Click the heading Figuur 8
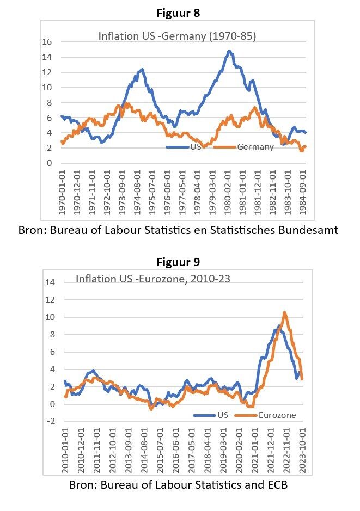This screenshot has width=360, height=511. tap(178, 12)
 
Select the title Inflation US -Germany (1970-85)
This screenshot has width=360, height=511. tap(177, 36)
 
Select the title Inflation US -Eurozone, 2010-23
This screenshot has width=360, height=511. tap(152, 279)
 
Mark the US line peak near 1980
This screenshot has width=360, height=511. tap(229, 52)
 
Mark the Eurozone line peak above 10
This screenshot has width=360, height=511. tap(284, 312)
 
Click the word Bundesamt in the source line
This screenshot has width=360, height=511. tap(308, 230)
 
